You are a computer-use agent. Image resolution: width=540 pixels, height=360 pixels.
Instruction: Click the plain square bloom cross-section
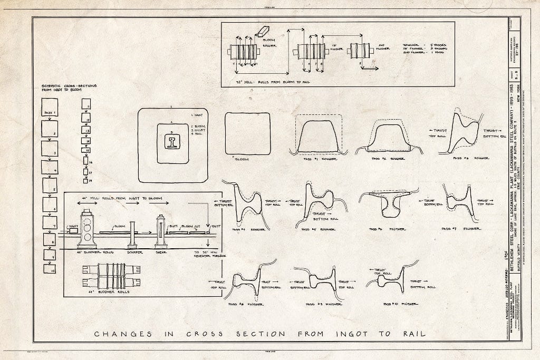coord(247,134)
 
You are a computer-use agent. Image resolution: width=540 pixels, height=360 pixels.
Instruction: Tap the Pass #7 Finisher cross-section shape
coord(456,203)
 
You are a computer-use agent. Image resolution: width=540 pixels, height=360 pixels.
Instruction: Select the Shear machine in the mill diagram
coord(161,231)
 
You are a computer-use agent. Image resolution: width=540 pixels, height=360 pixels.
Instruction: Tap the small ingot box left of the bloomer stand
coord(73,230)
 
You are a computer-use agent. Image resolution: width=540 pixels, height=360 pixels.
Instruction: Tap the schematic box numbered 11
coord(86,104)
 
